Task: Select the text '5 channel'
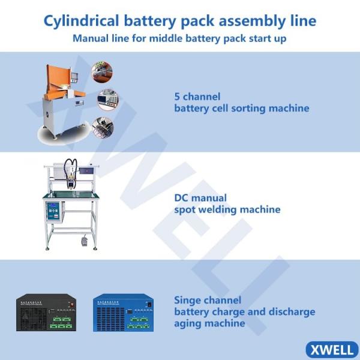coord(197,97)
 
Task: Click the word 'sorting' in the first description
coord(258,109)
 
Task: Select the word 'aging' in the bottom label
coord(188,323)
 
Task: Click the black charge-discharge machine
coord(46,312)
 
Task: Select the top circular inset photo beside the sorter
coord(101,73)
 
